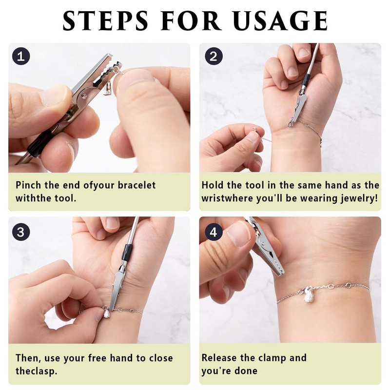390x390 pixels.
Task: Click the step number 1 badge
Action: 21,56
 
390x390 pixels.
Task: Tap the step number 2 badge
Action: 214,56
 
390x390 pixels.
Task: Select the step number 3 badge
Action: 21,232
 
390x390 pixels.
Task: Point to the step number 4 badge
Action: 214,232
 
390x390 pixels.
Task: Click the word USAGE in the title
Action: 281,20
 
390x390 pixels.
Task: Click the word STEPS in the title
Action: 105,20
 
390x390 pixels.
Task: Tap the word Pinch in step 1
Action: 28,185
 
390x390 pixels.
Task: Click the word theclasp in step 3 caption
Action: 36,371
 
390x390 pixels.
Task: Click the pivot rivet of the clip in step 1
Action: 84,95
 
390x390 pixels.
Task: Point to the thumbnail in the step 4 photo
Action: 239,233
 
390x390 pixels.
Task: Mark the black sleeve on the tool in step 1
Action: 40,144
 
